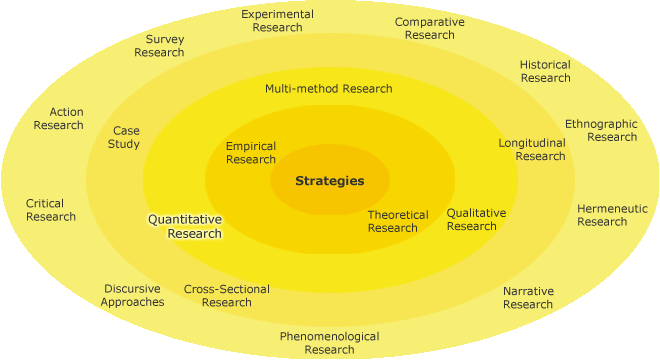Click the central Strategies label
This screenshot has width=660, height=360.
pyautogui.click(x=329, y=181)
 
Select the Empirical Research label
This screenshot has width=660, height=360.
pyautogui.click(x=251, y=153)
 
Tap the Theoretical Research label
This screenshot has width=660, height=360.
pyautogui.click(x=397, y=221)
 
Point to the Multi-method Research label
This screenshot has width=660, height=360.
pyautogui.click(x=328, y=89)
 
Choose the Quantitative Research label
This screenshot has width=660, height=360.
pyautogui.click(x=185, y=226)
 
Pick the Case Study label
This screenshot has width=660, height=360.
pyautogui.click(x=126, y=137)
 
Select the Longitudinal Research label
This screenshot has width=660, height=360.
pyautogui.click(x=532, y=149)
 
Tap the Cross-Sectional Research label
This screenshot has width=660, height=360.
pyautogui.click(x=226, y=296)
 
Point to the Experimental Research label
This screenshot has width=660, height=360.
pyautogui.click(x=277, y=21)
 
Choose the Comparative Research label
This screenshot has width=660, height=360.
pyautogui.click(x=429, y=28)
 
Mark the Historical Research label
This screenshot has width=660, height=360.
pyautogui.click(x=545, y=71)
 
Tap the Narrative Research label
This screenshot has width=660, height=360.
pyautogui.click(x=528, y=297)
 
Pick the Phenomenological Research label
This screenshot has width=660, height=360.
pyautogui.click(x=329, y=343)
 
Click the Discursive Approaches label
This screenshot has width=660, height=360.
pyautogui.click(x=132, y=295)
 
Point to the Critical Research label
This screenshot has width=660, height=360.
pyautogui.click(x=51, y=210)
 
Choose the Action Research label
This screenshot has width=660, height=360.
pyautogui.click(x=58, y=118)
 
